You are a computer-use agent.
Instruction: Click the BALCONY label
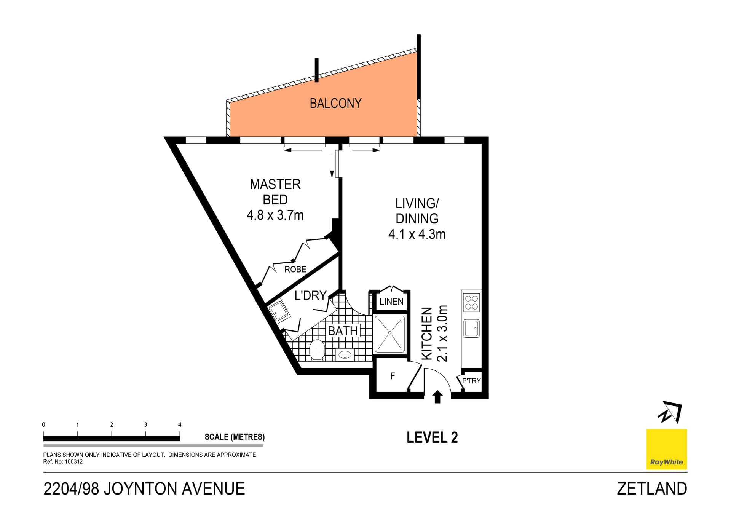tap(335, 103)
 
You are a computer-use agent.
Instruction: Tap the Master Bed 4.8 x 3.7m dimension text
tap(275, 215)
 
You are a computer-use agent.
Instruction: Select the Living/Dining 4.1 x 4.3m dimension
tap(417, 235)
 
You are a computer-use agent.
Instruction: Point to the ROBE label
tap(295, 270)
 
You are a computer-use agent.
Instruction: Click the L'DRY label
tap(310, 295)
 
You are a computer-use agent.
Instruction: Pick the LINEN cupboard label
tap(391, 302)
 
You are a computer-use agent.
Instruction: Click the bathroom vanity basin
tap(345, 355)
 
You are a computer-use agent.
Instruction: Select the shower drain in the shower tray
tap(390, 333)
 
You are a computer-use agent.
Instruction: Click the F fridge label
tap(393, 376)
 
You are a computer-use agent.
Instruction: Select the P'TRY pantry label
tap(471, 381)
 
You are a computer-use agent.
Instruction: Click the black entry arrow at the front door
tap(437, 397)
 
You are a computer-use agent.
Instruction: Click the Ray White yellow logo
tap(666, 449)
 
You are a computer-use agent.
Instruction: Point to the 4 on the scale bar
tap(180, 424)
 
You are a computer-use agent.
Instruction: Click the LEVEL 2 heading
tap(432, 437)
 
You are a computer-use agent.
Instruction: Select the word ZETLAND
tap(652, 489)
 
